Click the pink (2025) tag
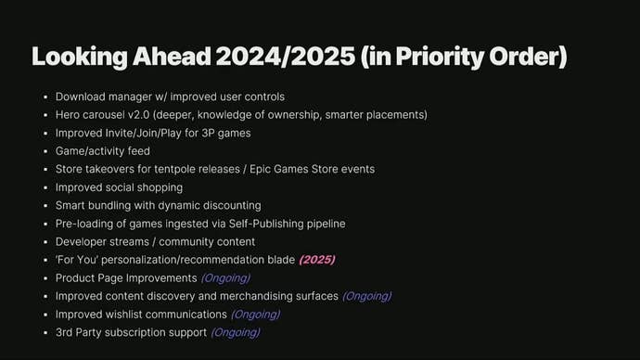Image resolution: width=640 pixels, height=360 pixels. (316, 260)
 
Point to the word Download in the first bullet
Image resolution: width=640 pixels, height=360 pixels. (82, 96)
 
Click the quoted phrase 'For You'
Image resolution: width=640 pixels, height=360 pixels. (76, 260)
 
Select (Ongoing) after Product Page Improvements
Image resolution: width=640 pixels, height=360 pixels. (225, 277)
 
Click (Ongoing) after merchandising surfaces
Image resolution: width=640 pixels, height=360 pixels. (366, 296)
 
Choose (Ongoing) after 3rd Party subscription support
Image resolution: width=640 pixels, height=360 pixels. (236, 332)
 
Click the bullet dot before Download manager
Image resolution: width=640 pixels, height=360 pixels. (45, 97)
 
